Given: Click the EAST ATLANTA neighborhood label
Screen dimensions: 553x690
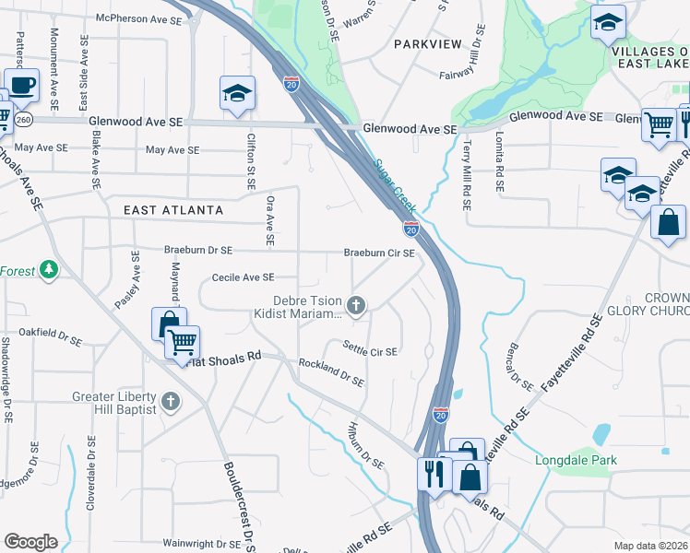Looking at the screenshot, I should (x=173, y=210).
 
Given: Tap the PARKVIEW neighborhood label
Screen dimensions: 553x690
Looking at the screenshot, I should (x=426, y=43).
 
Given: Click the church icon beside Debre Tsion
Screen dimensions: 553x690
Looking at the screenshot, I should (x=356, y=304).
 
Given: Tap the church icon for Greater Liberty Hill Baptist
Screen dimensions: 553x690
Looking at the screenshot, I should (x=170, y=401).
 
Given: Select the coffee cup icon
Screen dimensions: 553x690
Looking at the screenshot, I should (x=21, y=86).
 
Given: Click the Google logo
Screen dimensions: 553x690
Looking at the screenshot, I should (x=30, y=542).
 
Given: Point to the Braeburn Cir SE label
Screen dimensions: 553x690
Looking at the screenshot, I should (x=379, y=253).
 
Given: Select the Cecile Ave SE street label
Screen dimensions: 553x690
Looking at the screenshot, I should (x=244, y=276).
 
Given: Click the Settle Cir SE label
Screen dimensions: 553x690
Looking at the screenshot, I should (x=370, y=351).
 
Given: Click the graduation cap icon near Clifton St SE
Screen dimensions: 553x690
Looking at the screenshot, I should (x=236, y=93).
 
